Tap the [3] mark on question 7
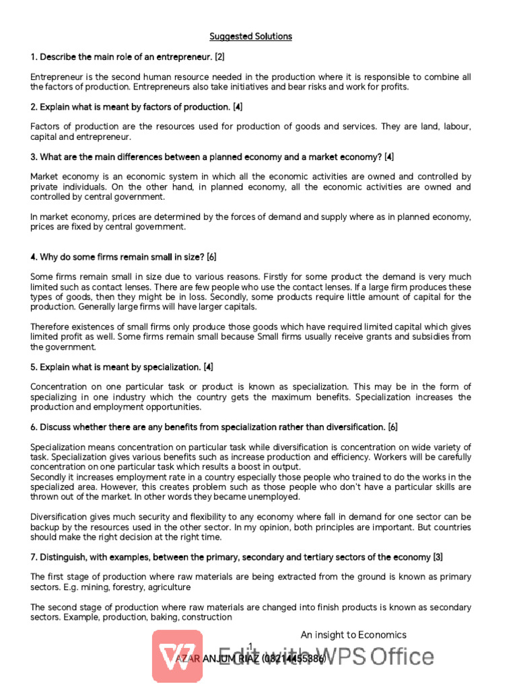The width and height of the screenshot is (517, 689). pyautogui.click(x=438, y=557)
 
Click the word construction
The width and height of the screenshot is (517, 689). pyautogui.click(x=209, y=617)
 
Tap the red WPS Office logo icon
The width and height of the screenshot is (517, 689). pyautogui.click(x=177, y=655)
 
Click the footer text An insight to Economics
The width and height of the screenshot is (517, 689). pyautogui.click(x=353, y=634)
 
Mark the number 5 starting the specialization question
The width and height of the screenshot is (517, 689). pyautogui.click(x=33, y=367)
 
